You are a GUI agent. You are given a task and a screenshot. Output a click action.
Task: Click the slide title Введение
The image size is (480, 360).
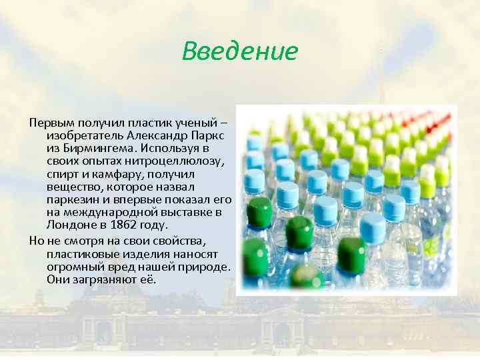coord(239,51)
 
